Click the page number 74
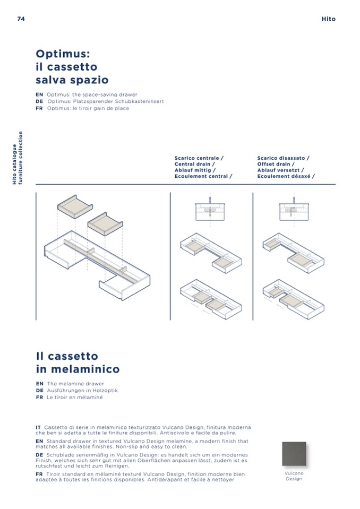(x=21, y=19)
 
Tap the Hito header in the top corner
(x=328, y=19)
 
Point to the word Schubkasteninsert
(x=139, y=101)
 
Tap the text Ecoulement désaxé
(x=284, y=176)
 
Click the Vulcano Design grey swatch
(x=294, y=453)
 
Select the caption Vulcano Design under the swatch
(x=294, y=476)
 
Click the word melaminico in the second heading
(x=85, y=369)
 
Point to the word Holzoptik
(x=105, y=391)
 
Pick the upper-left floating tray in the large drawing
(x=75, y=207)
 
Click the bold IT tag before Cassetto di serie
(x=38, y=427)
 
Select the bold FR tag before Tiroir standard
(x=39, y=475)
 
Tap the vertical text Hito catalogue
(x=15, y=164)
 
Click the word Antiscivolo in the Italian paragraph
(x=174, y=433)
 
